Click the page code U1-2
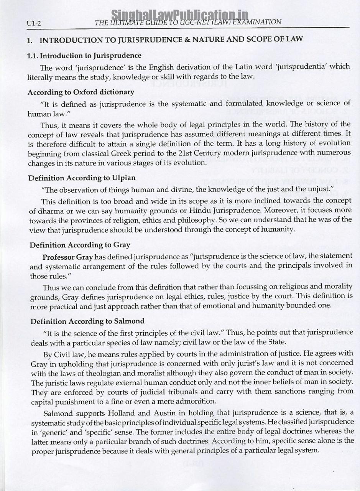tap(34, 24)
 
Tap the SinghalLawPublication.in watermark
tap(179, 15)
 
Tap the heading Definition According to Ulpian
tap(82, 178)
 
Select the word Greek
tap(117, 153)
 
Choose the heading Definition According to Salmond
tap(87, 321)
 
